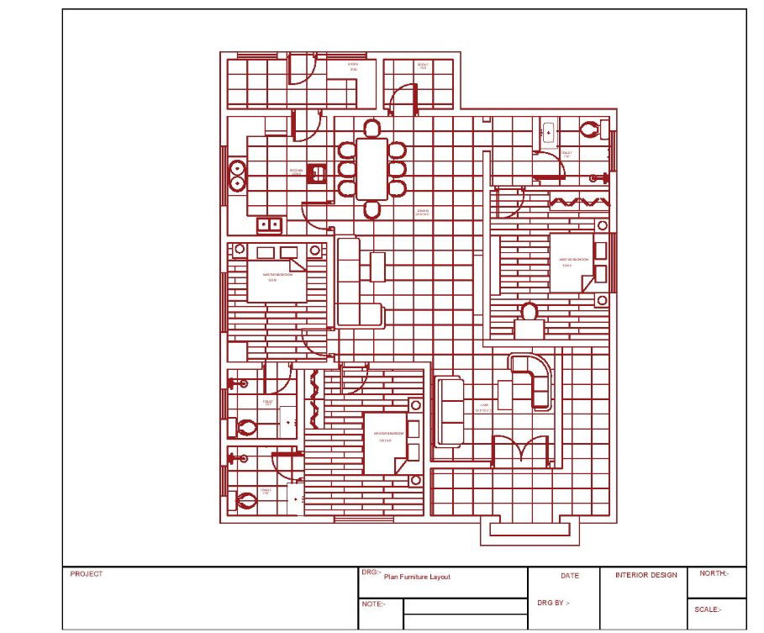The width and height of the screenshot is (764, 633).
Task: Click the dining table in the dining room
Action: [371, 168]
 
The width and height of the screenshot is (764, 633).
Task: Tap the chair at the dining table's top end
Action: [371, 128]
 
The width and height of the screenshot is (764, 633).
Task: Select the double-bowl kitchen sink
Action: [270, 224]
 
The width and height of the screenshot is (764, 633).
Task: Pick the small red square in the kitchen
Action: [317, 172]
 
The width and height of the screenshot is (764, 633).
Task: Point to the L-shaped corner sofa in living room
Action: [534, 380]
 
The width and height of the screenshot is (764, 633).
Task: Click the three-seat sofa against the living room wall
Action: [450, 411]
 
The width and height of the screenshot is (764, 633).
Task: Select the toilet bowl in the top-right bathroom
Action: [591, 129]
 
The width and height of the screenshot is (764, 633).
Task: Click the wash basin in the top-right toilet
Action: [548, 132]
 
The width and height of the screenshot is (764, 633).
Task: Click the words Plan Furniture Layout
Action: [417, 577]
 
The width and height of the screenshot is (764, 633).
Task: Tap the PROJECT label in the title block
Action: [87, 574]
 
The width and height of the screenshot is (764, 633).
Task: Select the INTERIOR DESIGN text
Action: [645, 575]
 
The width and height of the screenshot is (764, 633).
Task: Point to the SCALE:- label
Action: [707, 609]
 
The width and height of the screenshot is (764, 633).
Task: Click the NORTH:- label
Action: [713, 573]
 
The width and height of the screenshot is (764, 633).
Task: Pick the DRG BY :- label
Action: [553, 603]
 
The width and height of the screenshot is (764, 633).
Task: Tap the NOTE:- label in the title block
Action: [374, 604]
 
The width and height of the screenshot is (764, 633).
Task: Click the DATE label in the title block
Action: [569, 576]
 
